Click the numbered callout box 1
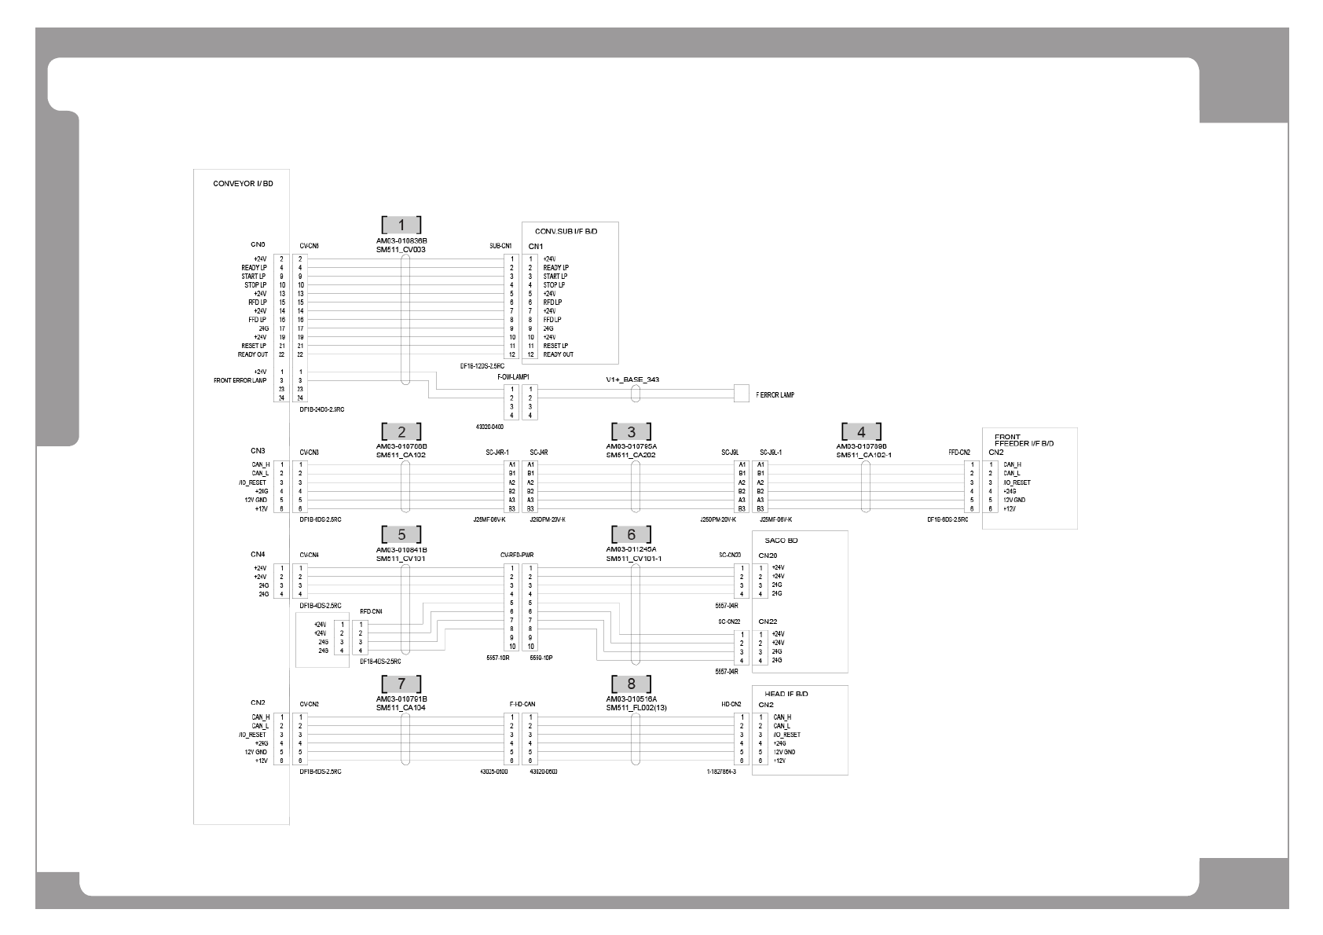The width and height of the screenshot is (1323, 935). [x=401, y=225]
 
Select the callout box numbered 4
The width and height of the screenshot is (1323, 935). [x=861, y=431]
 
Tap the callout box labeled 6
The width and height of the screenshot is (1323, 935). [x=631, y=535]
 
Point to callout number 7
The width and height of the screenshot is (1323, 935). [x=401, y=684]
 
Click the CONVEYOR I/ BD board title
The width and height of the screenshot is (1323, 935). [x=243, y=184]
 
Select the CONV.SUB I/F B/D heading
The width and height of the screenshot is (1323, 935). [x=566, y=232]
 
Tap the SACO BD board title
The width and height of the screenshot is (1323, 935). [x=781, y=541]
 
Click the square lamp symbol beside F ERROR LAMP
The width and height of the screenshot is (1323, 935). [x=741, y=394]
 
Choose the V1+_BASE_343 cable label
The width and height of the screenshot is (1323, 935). [x=632, y=379]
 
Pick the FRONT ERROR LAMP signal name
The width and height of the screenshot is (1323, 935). [x=240, y=380]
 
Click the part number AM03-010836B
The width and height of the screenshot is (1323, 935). [x=401, y=241]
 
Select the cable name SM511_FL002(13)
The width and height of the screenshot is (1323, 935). [x=636, y=708]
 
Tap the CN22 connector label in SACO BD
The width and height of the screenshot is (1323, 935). [x=768, y=621]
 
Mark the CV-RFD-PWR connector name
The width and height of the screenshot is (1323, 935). [x=517, y=555]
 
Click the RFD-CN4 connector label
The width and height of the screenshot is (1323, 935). [x=371, y=611]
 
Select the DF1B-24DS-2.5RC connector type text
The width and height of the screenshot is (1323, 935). [x=322, y=409]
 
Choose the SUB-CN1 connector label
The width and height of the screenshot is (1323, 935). [x=500, y=246]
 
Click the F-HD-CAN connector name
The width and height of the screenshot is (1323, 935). [x=522, y=704]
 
